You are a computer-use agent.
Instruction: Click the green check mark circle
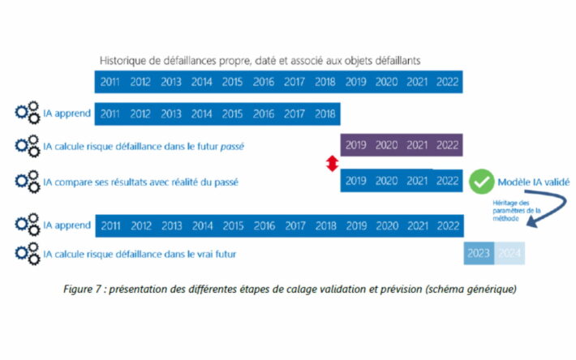pyautogui.click(x=481, y=182)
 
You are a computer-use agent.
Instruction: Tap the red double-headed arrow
pyautogui.click(x=330, y=163)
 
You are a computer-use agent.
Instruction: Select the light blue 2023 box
pyautogui.click(x=479, y=254)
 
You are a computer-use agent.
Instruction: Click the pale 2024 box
pyautogui.click(x=509, y=254)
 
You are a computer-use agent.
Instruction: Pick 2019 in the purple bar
pyautogui.click(x=355, y=146)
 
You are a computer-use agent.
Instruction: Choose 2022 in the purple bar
pyautogui.click(x=447, y=146)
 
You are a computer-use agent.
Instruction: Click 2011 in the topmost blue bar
pyautogui.click(x=110, y=82)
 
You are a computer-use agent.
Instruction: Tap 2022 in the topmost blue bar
pyautogui.click(x=447, y=82)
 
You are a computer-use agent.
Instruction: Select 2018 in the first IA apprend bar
pyautogui.click(x=325, y=114)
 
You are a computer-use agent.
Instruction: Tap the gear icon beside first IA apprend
pyautogui.click(x=28, y=114)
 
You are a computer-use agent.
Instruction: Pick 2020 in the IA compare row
pyautogui.click(x=386, y=182)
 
